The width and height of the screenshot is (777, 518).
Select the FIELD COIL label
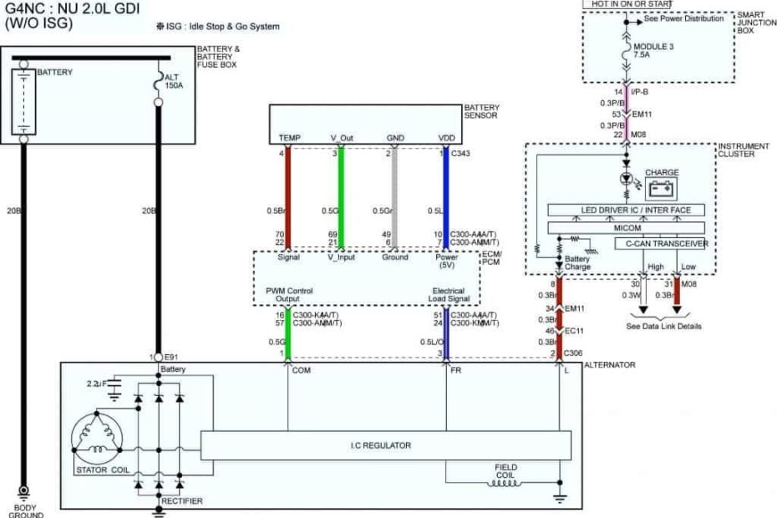[x=505, y=471]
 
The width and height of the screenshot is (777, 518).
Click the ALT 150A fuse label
[x=174, y=80]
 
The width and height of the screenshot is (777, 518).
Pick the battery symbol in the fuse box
[x=23, y=101]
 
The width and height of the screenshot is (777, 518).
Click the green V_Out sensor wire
[x=340, y=192]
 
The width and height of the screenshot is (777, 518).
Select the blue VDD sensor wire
[x=446, y=192]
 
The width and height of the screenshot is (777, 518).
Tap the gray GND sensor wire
[x=394, y=192]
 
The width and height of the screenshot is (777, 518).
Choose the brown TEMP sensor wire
[x=287, y=192]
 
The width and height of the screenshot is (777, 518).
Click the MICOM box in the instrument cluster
[x=626, y=227]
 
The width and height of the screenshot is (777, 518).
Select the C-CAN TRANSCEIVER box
[x=661, y=244]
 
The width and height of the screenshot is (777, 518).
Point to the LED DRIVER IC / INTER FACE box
[x=626, y=210]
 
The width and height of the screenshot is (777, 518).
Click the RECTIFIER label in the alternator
[x=181, y=500]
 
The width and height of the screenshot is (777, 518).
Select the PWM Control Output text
[x=288, y=294]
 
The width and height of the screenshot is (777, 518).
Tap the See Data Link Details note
[x=664, y=326]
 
